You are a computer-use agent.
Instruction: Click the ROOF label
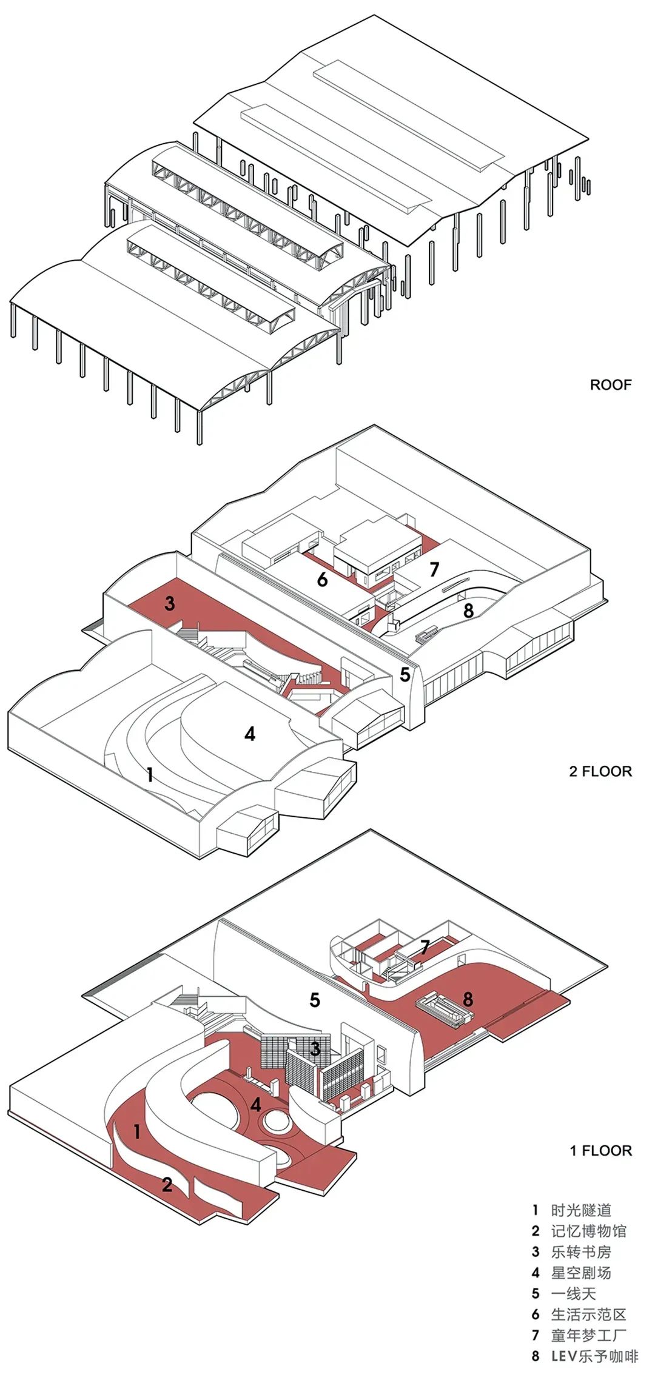610,384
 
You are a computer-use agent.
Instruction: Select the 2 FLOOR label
600,771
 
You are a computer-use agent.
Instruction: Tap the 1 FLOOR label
600,1150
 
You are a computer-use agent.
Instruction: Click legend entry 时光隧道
580,1210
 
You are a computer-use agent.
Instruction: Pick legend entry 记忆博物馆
588,1231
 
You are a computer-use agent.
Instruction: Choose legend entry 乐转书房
580,1252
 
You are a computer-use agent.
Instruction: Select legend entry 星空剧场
580,1273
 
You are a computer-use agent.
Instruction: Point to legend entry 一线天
573,1294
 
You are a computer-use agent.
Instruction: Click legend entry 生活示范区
588,1314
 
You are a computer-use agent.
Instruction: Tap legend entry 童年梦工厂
588,1335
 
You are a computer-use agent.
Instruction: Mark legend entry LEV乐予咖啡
594,1356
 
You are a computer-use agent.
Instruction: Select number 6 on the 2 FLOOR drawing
323,580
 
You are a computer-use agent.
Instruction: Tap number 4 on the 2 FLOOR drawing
249,734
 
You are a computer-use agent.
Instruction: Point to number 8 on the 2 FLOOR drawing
468,610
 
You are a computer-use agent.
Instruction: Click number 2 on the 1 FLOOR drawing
167,1184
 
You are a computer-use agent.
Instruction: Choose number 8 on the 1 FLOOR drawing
468,999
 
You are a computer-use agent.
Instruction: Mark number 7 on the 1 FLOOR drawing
425,946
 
